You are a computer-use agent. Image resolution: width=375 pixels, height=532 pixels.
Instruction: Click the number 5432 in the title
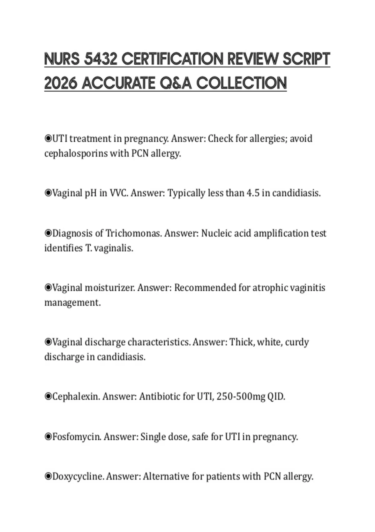pyautogui.click(x=101, y=59)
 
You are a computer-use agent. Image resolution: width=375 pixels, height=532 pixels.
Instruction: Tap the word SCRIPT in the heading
pyautogui.click(x=307, y=59)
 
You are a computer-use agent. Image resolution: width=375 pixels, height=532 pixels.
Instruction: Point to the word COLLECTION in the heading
pyautogui.click(x=242, y=83)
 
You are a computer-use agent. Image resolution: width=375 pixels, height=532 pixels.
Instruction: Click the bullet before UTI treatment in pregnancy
pyautogui.click(x=48, y=138)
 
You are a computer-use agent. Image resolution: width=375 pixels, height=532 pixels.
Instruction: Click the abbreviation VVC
pyautogui.click(x=119, y=193)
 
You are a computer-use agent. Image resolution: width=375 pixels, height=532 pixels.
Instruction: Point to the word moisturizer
pyautogui.click(x=110, y=288)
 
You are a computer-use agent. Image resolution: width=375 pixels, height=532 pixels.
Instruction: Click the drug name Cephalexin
pyautogui.click(x=76, y=397)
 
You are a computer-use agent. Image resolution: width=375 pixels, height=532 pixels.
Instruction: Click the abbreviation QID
pyautogui.click(x=276, y=397)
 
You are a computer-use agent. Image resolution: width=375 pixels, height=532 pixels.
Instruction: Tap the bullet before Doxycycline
pyautogui.click(x=48, y=477)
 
